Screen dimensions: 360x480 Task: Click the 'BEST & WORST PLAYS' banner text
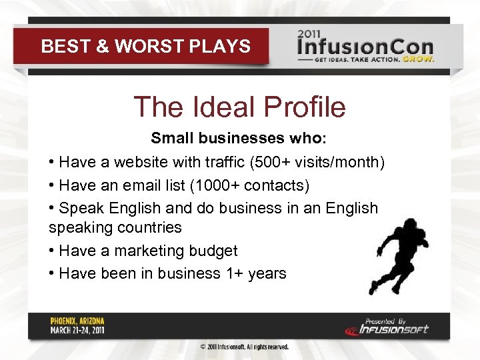145,47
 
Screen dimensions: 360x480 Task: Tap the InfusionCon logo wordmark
365,48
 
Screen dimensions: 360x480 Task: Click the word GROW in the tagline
421,58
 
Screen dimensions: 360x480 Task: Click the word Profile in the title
305,107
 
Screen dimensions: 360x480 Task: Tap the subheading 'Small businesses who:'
239,138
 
